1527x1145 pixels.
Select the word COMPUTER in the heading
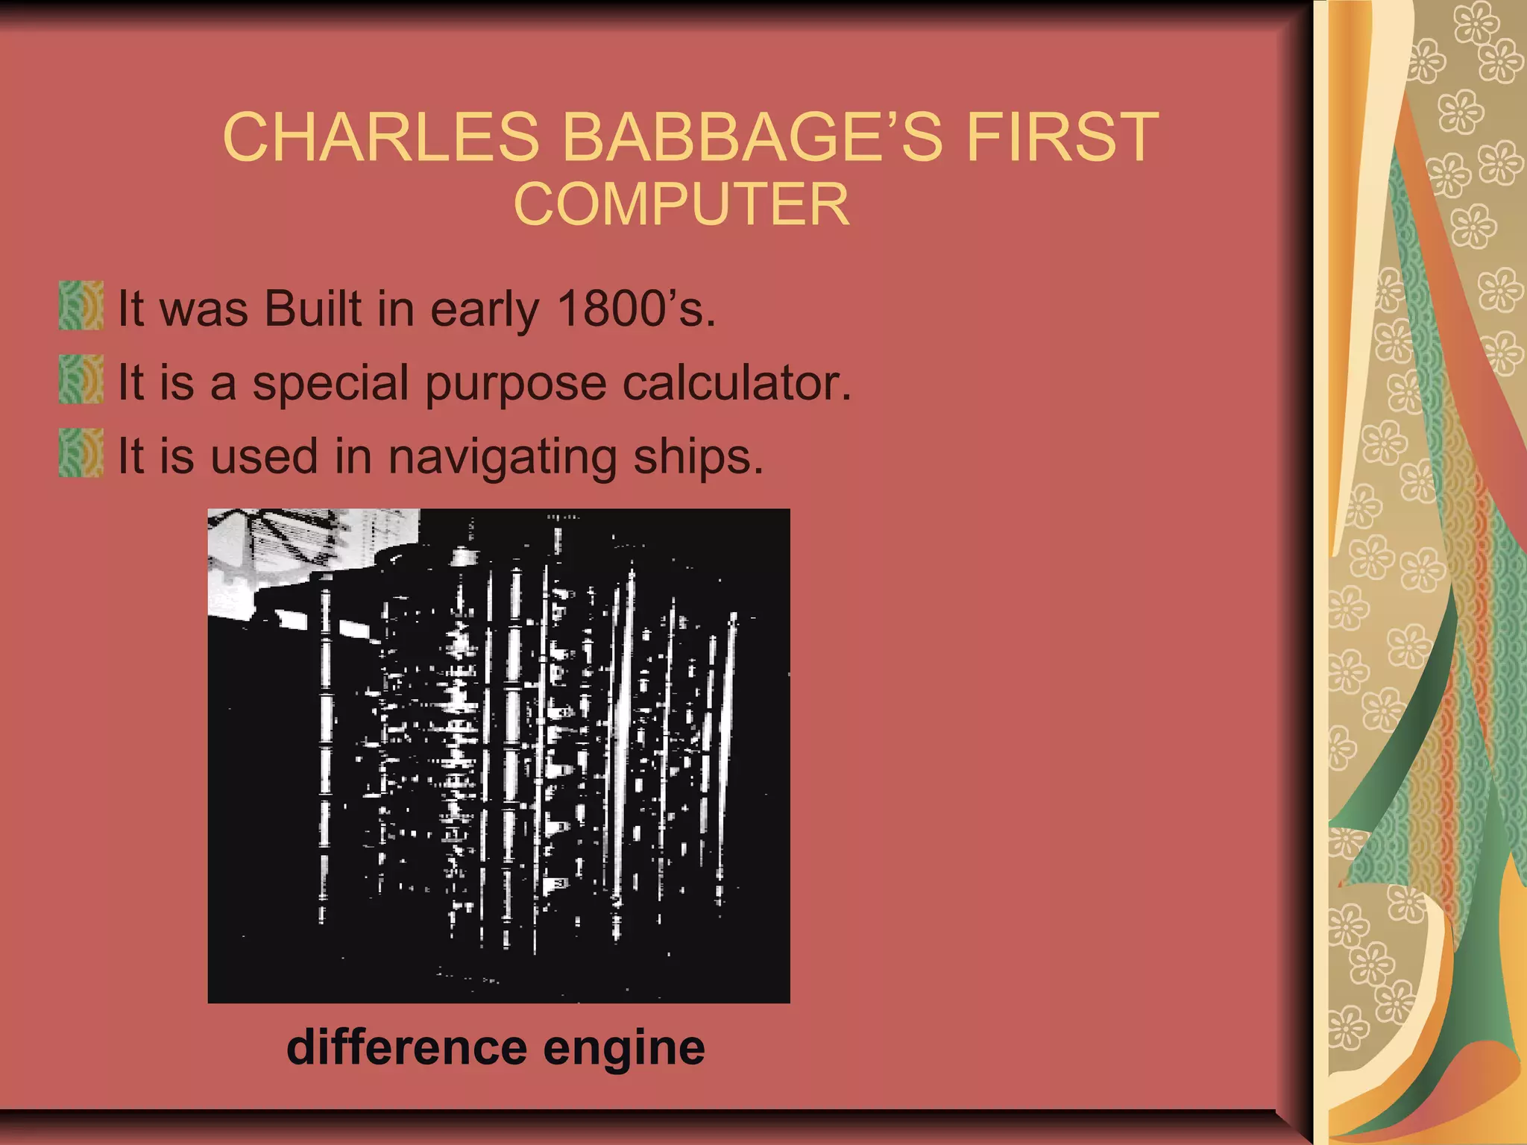tap(681, 204)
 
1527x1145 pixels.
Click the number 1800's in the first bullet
tap(636, 309)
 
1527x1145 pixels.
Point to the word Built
tap(313, 309)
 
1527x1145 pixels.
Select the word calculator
tap(737, 382)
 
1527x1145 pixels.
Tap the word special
tap(331, 384)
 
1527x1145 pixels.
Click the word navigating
tap(503, 458)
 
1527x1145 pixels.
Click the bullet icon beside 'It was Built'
tap(81, 306)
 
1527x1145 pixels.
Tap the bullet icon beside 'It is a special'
tap(81, 379)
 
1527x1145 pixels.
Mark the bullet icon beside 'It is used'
tap(81, 452)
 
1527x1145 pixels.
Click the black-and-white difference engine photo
tap(498, 755)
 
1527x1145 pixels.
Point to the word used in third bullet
tap(264, 456)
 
